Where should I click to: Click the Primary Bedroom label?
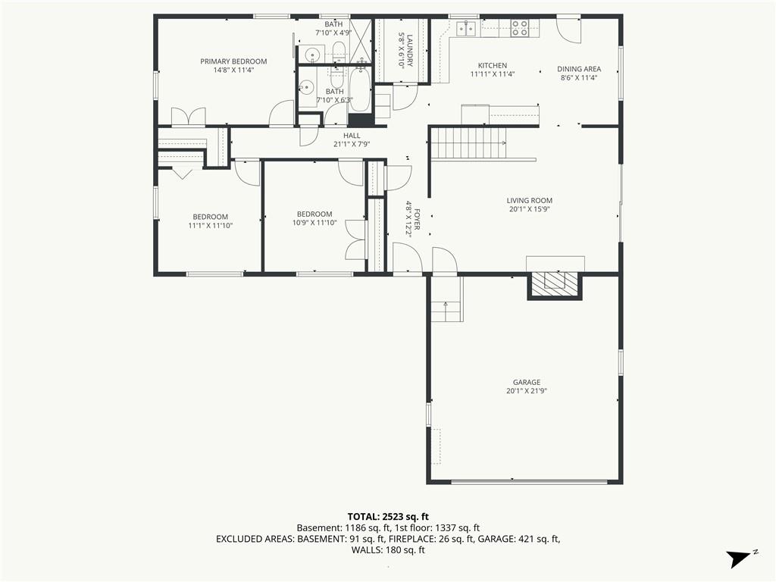pos(233,65)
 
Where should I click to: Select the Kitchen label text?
pos(493,70)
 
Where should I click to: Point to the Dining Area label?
pos(579,74)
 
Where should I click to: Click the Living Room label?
pos(530,205)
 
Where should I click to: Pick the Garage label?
pos(527,386)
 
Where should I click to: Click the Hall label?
pos(352,139)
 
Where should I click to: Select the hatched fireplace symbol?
pos(555,285)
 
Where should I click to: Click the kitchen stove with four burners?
pos(520,28)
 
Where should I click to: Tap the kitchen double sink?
pos(466,28)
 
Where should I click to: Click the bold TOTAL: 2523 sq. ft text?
pos(388,517)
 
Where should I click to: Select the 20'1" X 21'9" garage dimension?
pos(527,390)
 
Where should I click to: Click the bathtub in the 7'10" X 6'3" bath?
pos(360,89)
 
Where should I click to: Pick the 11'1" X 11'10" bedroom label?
pos(211,221)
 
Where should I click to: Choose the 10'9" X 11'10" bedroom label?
pos(314,218)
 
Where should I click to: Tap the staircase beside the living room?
pos(468,142)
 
